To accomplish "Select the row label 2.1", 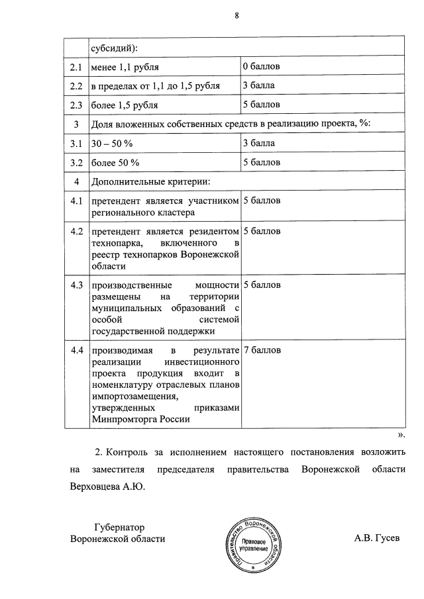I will click(76, 68).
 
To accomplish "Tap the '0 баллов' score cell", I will click(262, 68).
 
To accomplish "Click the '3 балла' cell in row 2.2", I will click(259, 86).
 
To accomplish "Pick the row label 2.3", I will click(76, 105).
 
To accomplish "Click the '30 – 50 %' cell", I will click(113, 143).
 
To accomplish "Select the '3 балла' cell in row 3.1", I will click(259, 143).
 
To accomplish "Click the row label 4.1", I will click(76, 201).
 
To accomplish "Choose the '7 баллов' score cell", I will click(262, 349).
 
